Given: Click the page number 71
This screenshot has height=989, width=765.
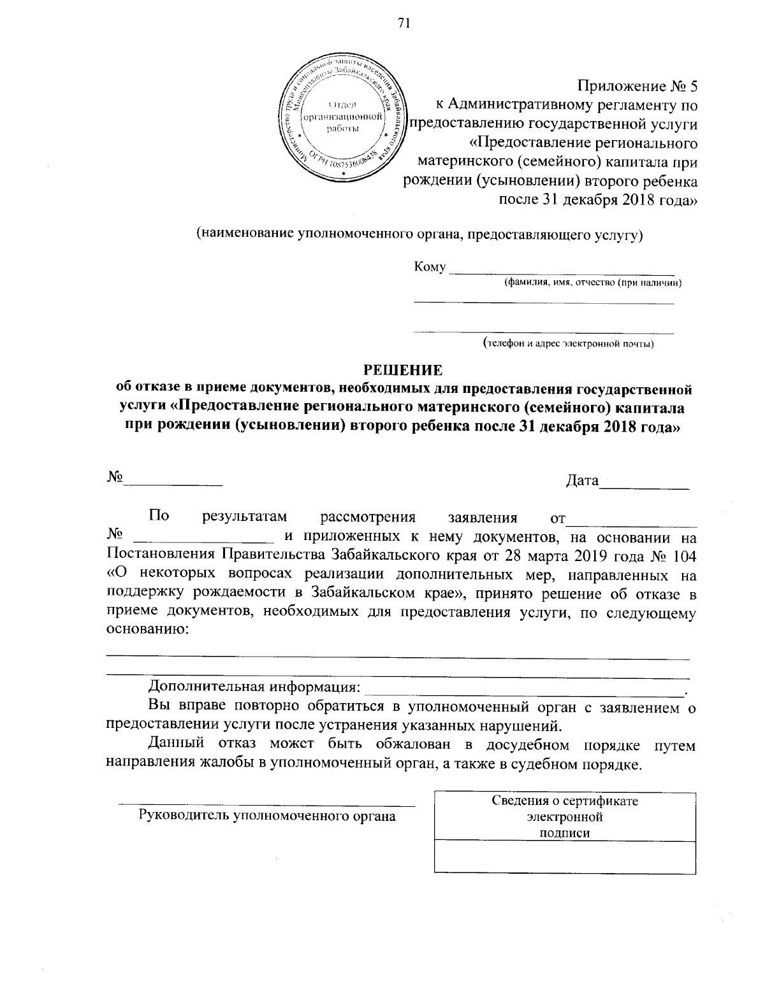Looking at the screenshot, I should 402,24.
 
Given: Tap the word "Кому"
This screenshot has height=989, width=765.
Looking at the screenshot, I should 430,267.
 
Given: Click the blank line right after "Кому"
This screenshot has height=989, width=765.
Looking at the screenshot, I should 561,271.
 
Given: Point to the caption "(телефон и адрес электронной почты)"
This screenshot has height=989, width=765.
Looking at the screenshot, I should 568,345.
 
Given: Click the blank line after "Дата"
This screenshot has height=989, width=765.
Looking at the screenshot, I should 645,486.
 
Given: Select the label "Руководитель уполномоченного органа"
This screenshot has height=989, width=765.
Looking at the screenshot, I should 268,815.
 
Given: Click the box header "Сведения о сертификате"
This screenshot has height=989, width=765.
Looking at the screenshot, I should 565,801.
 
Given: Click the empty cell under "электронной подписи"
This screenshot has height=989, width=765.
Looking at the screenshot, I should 565,856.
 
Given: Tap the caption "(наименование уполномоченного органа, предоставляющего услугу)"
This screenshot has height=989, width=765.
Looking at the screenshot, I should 419,234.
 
